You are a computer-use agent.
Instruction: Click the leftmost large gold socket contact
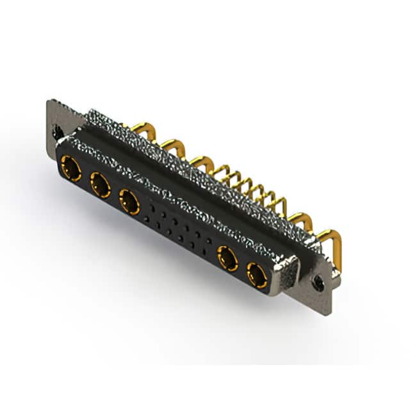pos(70,169)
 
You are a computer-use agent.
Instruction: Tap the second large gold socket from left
pos(100,186)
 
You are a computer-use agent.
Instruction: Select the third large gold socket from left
pos(129,203)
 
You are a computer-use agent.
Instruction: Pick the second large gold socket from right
pos(227,259)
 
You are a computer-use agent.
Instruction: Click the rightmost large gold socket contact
pos(258,277)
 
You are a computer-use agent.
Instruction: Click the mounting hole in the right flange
pos(318,280)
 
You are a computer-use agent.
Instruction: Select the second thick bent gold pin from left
pos(170,147)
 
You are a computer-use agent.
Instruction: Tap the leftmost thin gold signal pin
pos(222,172)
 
